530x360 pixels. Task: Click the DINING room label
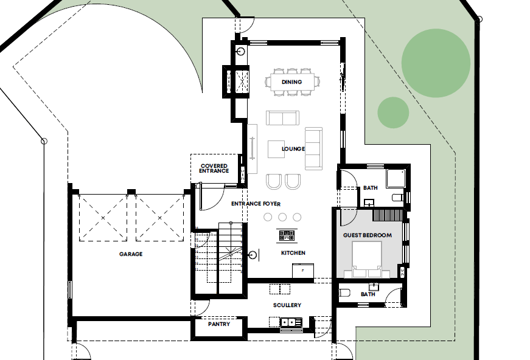(x=292, y=82)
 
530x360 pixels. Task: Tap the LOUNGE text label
(x=293, y=149)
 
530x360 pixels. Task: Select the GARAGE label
(x=131, y=254)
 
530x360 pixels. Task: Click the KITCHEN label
(x=293, y=253)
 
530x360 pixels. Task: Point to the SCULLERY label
(x=287, y=305)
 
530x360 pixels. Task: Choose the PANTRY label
(x=219, y=324)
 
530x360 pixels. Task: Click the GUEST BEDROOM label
(x=368, y=235)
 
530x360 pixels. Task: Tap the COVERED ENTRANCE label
(x=214, y=168)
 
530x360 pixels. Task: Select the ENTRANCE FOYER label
(x=256, y=204)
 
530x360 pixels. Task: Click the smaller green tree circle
(x=393, y=112)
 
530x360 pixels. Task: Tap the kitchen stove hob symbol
(x=287, y=234)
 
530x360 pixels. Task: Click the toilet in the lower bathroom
(x=344, y=293)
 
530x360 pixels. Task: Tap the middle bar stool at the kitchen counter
(x=282, y=217)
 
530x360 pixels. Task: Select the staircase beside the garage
(x=220, y=255)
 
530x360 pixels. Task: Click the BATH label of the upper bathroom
(x=371, y=189)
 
